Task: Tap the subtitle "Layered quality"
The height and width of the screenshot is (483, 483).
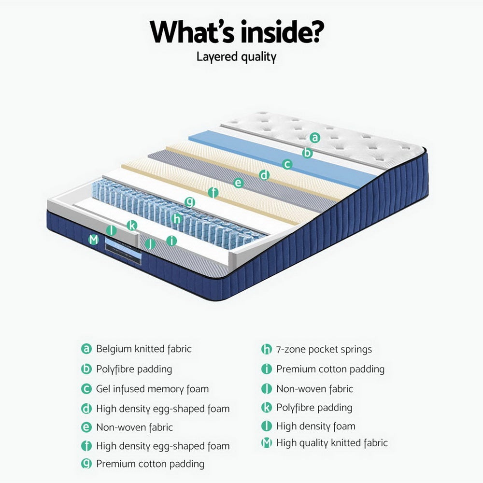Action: (236, 57)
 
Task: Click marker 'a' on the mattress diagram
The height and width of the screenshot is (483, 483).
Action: (315, 138)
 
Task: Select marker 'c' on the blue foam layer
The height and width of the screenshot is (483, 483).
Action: (287, 164)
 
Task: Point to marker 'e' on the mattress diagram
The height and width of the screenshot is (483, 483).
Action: (238, 183)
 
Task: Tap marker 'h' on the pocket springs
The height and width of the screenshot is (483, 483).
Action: (177, 218)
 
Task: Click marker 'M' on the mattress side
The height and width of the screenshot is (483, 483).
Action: (94, 239)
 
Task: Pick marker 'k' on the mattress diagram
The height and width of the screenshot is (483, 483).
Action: (132, 225)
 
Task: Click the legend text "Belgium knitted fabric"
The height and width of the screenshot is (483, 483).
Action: (143, 349)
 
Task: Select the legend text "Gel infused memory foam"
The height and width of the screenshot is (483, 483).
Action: (152, 389)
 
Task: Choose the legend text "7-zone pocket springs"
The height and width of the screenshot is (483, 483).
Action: (324, 349)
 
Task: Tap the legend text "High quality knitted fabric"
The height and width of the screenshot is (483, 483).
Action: (332, 442)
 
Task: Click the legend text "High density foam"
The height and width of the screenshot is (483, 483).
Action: (315, 426)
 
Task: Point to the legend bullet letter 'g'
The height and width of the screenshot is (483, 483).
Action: (86, 464)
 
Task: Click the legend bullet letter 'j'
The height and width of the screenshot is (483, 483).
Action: (266, 389)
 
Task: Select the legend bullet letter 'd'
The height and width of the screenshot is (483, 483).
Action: (86, 409)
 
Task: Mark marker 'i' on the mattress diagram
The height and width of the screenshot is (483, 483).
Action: (171, 241)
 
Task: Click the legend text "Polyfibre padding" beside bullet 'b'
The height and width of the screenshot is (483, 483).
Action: (134, 369)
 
